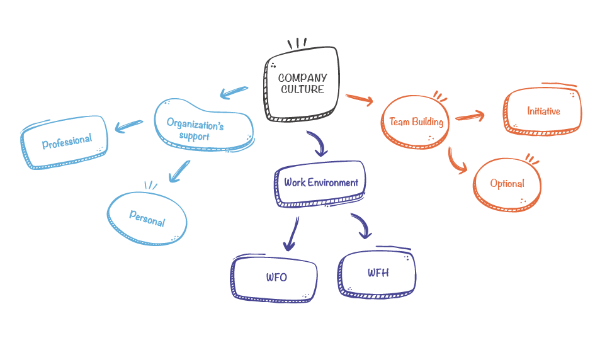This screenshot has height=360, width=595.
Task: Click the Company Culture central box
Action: [302, 84]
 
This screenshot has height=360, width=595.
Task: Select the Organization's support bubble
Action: [204, 125]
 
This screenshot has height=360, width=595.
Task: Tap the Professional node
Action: [64, 142]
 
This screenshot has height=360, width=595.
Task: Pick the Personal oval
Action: [147, 218]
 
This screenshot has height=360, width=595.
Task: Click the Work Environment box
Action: [320, 184]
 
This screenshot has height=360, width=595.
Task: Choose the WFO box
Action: [274, 278]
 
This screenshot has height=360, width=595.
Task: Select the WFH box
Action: [377, 273]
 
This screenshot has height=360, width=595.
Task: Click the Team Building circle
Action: [415, 121]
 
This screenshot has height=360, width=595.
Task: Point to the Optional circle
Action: [507, 184]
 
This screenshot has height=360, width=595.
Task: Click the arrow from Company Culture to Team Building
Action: [360, 99]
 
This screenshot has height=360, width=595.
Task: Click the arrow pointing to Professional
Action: [128, 126]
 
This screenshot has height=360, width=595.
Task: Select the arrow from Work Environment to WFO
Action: [292, 234]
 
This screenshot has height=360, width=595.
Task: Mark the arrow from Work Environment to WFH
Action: [363, 224]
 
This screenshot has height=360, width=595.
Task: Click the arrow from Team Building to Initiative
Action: [470, 116]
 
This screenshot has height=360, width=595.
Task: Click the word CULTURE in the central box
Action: [302, 89]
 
